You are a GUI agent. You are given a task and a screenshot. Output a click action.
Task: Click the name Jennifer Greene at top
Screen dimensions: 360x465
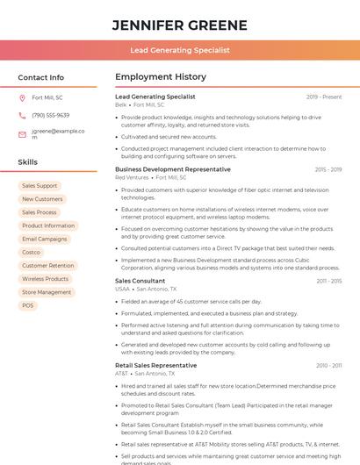coord(179,25)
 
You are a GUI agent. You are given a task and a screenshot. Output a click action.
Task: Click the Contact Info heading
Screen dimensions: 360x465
coord(41,77)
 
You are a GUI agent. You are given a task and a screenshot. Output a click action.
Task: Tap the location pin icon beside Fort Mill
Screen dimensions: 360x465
coord(22,97)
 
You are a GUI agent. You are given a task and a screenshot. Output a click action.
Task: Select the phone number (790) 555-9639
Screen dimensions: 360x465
coord(50,115)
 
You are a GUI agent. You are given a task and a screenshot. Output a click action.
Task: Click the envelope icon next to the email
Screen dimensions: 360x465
coord(22,133)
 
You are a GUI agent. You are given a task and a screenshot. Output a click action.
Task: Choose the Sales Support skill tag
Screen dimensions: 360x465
coord(40,186)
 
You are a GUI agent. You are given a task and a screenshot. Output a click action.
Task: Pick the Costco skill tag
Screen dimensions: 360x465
coord(31,253)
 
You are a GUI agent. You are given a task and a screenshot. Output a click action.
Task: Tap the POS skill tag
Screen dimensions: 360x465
coord(28,305)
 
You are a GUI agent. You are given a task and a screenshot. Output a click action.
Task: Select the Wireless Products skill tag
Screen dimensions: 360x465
coord(45,279)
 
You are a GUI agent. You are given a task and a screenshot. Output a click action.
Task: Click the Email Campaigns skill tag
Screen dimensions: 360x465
coord(44,239)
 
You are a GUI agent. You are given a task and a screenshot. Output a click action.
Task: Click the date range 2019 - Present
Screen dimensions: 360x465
coord(324,97)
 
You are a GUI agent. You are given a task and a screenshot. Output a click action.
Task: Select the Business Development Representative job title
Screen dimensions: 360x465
coord(173,169)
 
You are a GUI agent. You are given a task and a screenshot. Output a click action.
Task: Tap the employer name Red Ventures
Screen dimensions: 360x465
coord(133,177)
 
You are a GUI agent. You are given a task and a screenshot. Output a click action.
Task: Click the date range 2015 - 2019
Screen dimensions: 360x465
coord(328,169)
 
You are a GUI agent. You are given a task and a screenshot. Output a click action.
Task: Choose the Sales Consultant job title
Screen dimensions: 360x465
coord(140,281)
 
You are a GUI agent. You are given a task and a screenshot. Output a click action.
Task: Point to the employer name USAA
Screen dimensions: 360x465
coord(122,289)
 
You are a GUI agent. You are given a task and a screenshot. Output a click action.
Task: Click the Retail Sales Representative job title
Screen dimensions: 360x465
coord(156,365)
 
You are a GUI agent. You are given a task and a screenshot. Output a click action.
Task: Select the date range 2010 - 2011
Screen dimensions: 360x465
coord(328,365)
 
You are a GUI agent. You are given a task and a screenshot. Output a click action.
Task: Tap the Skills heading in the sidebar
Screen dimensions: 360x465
coord(28,162)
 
